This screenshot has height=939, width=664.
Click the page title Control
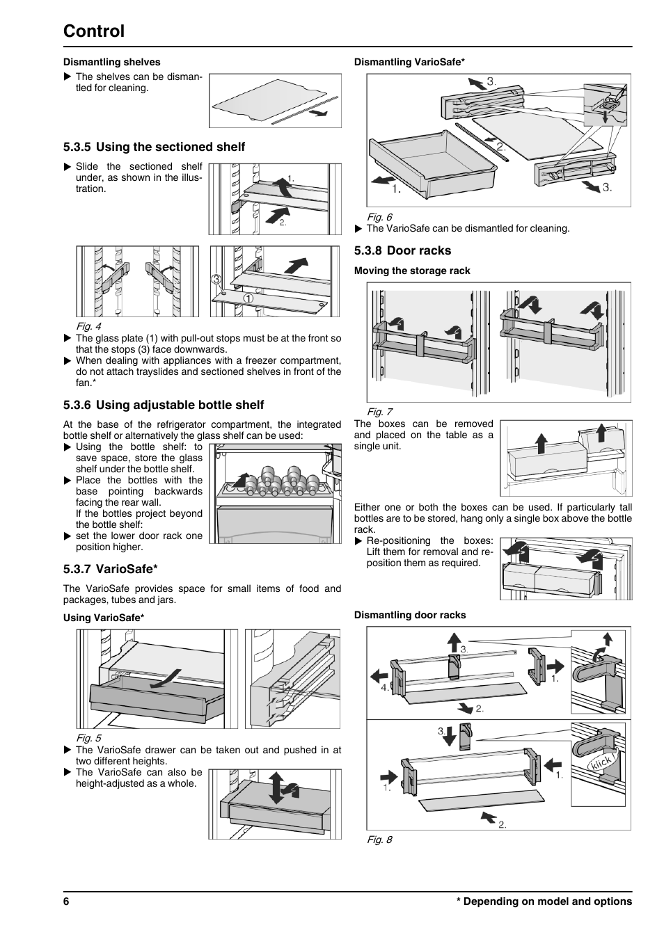[x=94, y=31]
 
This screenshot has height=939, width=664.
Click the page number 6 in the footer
[x=66, y=901]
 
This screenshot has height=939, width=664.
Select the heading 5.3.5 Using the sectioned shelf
[x=154, y=147]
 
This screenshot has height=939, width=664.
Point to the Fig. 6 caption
[x=379, y=217]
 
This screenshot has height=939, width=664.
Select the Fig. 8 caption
[x=379, y=840]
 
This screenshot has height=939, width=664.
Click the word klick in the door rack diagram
[x=601, y=762]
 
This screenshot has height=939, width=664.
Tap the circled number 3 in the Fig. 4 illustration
[x=216, y=279]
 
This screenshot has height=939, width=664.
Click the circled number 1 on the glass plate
[x=248, y=298]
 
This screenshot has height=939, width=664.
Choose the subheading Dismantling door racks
[x=410, y=615]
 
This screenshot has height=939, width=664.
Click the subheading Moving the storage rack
[x=412, y=271]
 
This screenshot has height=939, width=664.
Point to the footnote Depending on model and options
[x=544, y=901]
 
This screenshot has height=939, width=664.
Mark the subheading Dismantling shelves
[x=111, y=62]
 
